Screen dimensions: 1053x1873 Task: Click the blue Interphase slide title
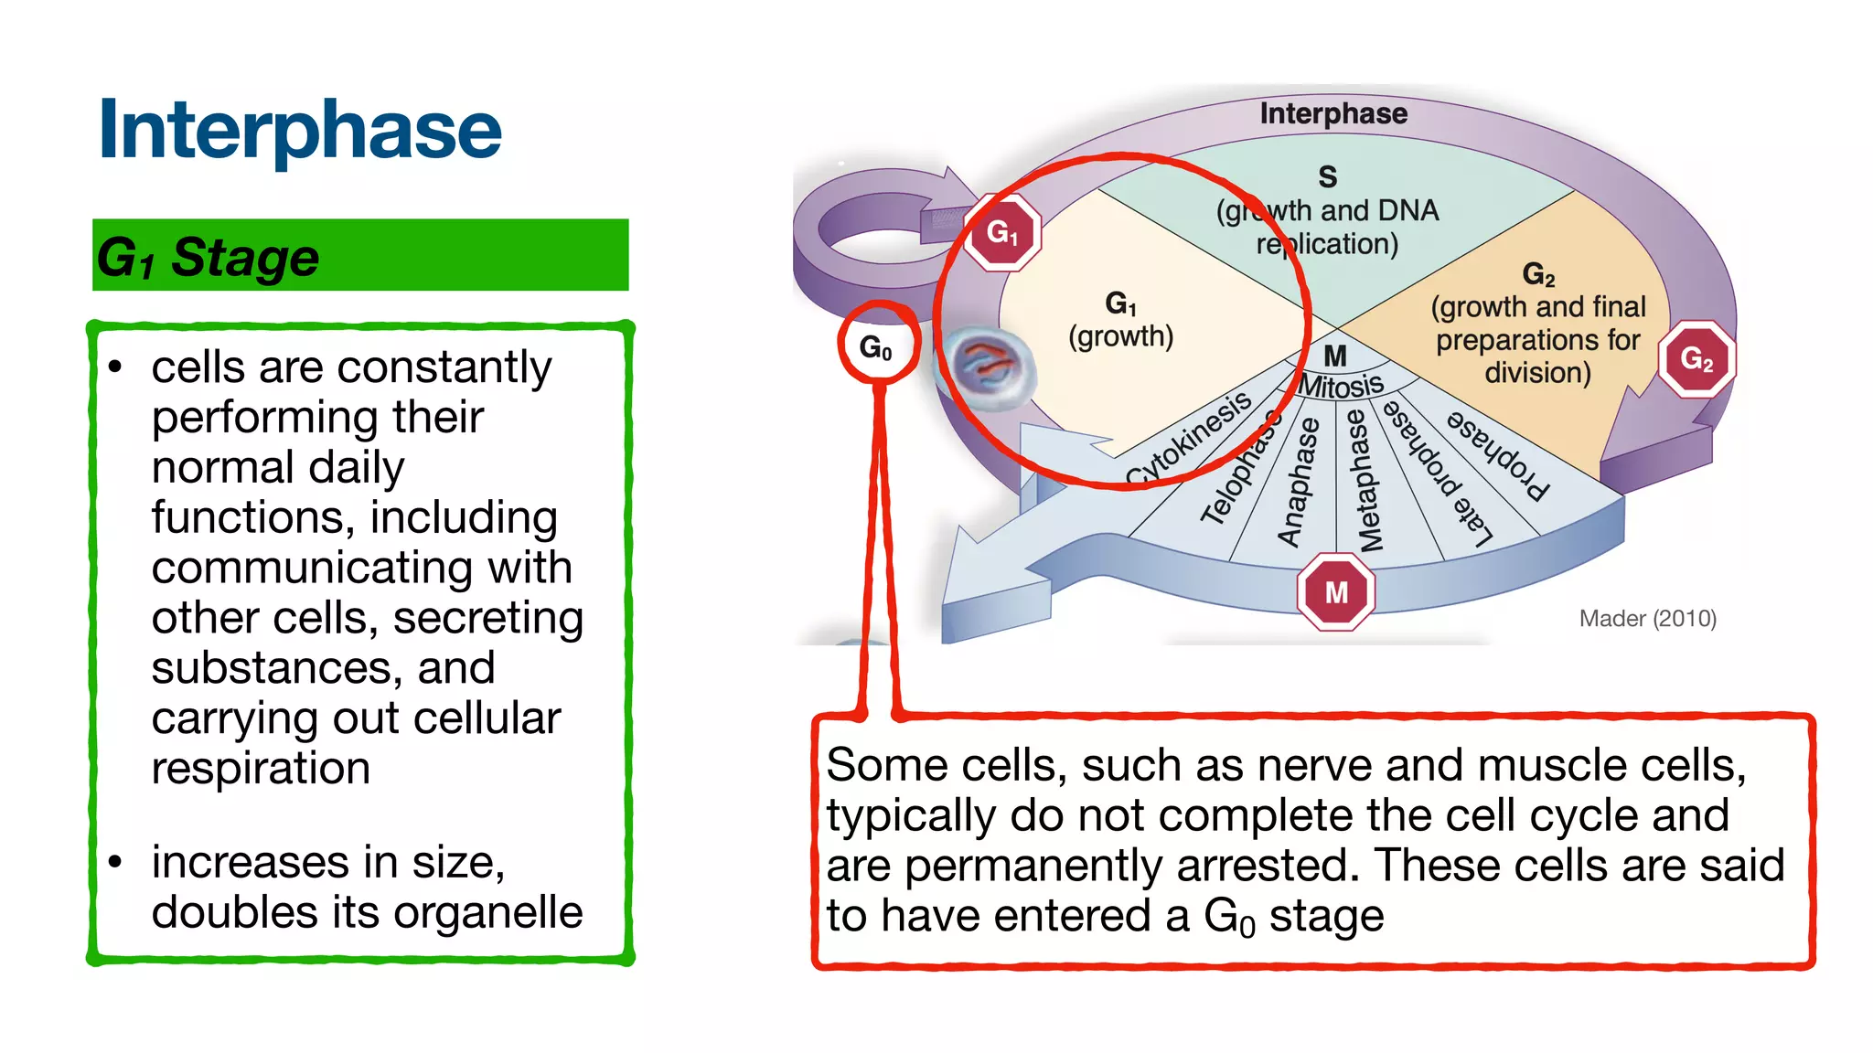(300, 130)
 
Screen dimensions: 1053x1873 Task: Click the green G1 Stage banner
(360, 255)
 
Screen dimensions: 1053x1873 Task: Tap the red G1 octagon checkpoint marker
(1001, 232)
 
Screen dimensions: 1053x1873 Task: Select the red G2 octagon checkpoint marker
(1696, 358)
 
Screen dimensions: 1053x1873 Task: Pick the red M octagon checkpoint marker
(1336, 591)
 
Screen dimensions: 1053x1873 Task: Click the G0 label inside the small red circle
(875, 346)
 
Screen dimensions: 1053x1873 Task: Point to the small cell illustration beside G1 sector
(986, 365)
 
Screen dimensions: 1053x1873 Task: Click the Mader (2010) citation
(1647, 619)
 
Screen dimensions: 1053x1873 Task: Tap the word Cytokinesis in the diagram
(1188, 438)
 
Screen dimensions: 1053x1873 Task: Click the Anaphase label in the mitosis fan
(1299, 482)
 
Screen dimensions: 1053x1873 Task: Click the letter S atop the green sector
(1327, 175)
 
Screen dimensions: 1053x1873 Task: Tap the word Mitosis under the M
(1341, 386)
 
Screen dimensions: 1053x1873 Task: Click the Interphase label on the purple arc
(1333, 113)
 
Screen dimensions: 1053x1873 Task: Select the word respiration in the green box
(261, 768)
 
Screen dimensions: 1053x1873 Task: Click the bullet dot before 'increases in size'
(115, 862)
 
